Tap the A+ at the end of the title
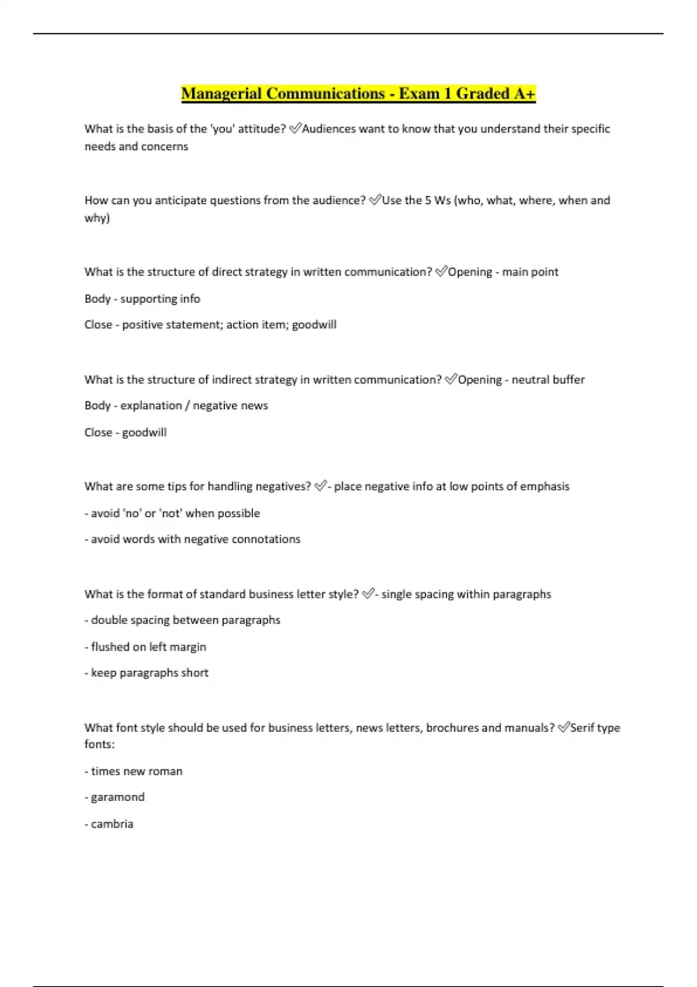click(x=524, y=93)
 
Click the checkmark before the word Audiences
click(x=294, y=129)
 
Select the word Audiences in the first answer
click(x=329, y=129)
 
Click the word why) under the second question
click(x=97, y=218)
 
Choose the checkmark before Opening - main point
click(x=441, y=272)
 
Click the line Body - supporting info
click(x=142, y=298)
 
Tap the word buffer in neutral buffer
click(x=569, y=380)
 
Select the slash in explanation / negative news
click(x=187, y=406)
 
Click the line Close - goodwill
click(x=125, y=433)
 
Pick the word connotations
click(x=266, y=539)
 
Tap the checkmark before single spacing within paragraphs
click(x=368, y=594)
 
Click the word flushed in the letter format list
click(x=110, y=647)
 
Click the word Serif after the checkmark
click(x=582, y=727)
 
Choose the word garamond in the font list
click(x=118, y=797)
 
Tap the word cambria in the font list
click(x=112, y=824)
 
